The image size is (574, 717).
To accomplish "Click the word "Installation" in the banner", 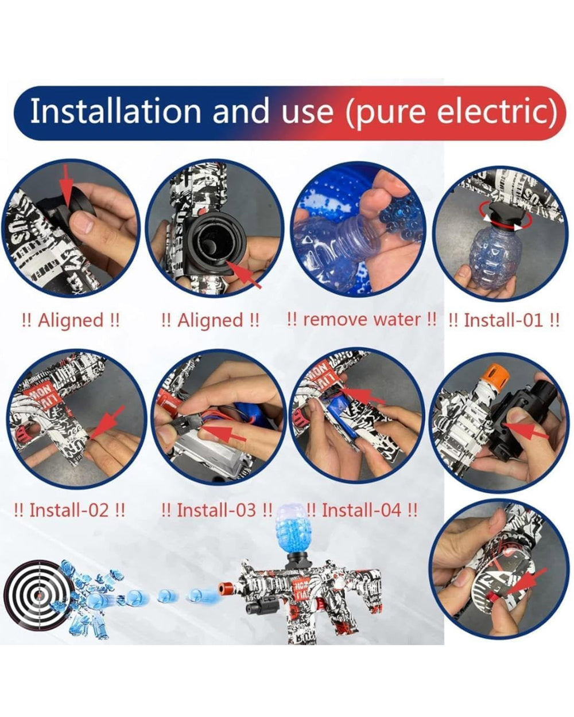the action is point(115,111).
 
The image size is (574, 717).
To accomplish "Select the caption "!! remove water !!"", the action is point(362,320).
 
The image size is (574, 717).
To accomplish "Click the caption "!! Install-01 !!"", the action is point(504,321).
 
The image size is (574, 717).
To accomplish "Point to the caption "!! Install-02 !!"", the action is point(69,510).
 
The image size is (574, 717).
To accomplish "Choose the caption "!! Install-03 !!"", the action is point(217,510).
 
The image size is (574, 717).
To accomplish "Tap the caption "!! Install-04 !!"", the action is point(362,510).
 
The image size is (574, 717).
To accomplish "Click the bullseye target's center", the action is point(40,595).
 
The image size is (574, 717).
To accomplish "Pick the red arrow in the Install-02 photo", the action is point(107,423).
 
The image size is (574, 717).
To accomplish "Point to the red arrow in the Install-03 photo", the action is point(223,434).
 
